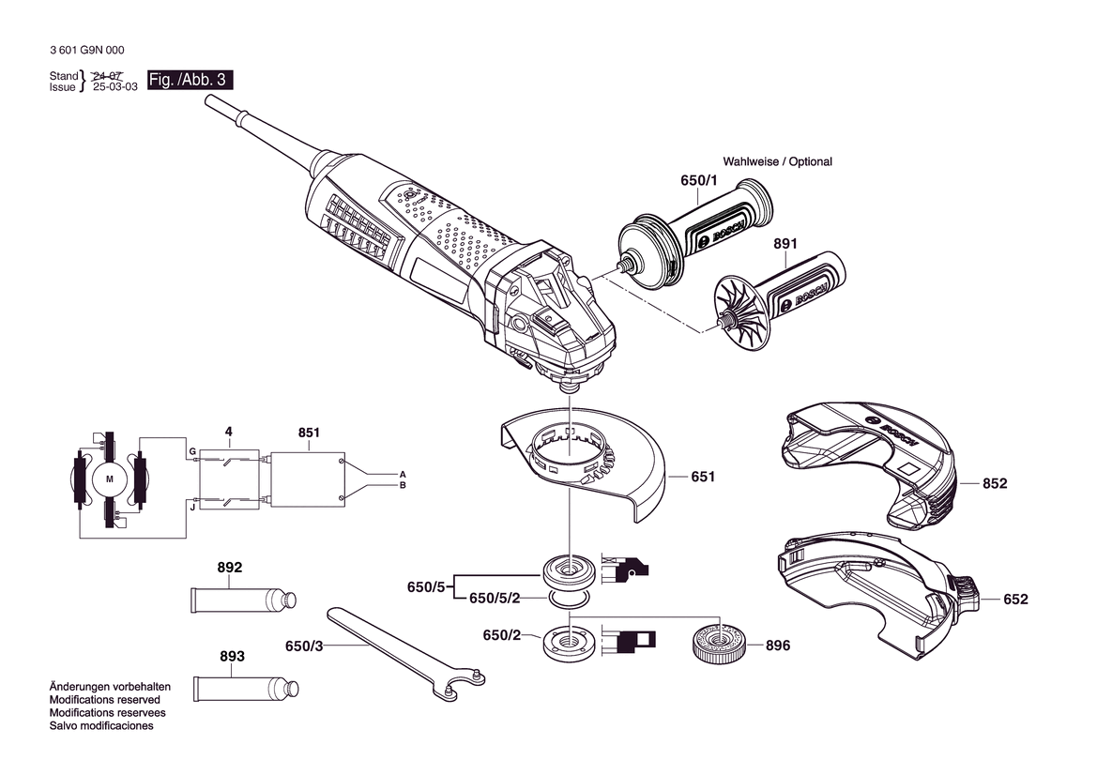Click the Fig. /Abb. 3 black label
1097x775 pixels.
[190, 80]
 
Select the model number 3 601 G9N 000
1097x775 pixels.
[86, 51]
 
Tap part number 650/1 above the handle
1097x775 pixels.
[699, 180]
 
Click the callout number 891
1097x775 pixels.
[785, 243]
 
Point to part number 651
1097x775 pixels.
[703, 477]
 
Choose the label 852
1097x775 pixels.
[995, 483]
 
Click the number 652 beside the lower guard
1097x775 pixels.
[1016, 599]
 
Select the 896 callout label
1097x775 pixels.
[778, 645]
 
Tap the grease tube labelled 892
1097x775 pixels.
[243, 600]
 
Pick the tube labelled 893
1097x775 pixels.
[246, 689]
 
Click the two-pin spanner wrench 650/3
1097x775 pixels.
[405, 653]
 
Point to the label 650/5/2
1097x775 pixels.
[495, 599]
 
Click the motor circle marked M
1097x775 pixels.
[109, 479]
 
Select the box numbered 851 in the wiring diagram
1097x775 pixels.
[308, 479]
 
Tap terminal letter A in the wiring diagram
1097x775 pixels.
[403, 474]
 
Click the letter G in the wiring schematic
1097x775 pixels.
[192, 452]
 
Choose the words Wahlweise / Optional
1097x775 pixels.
[777, 161]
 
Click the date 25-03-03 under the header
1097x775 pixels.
[115, 87]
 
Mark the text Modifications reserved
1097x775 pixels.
[105, 699]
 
